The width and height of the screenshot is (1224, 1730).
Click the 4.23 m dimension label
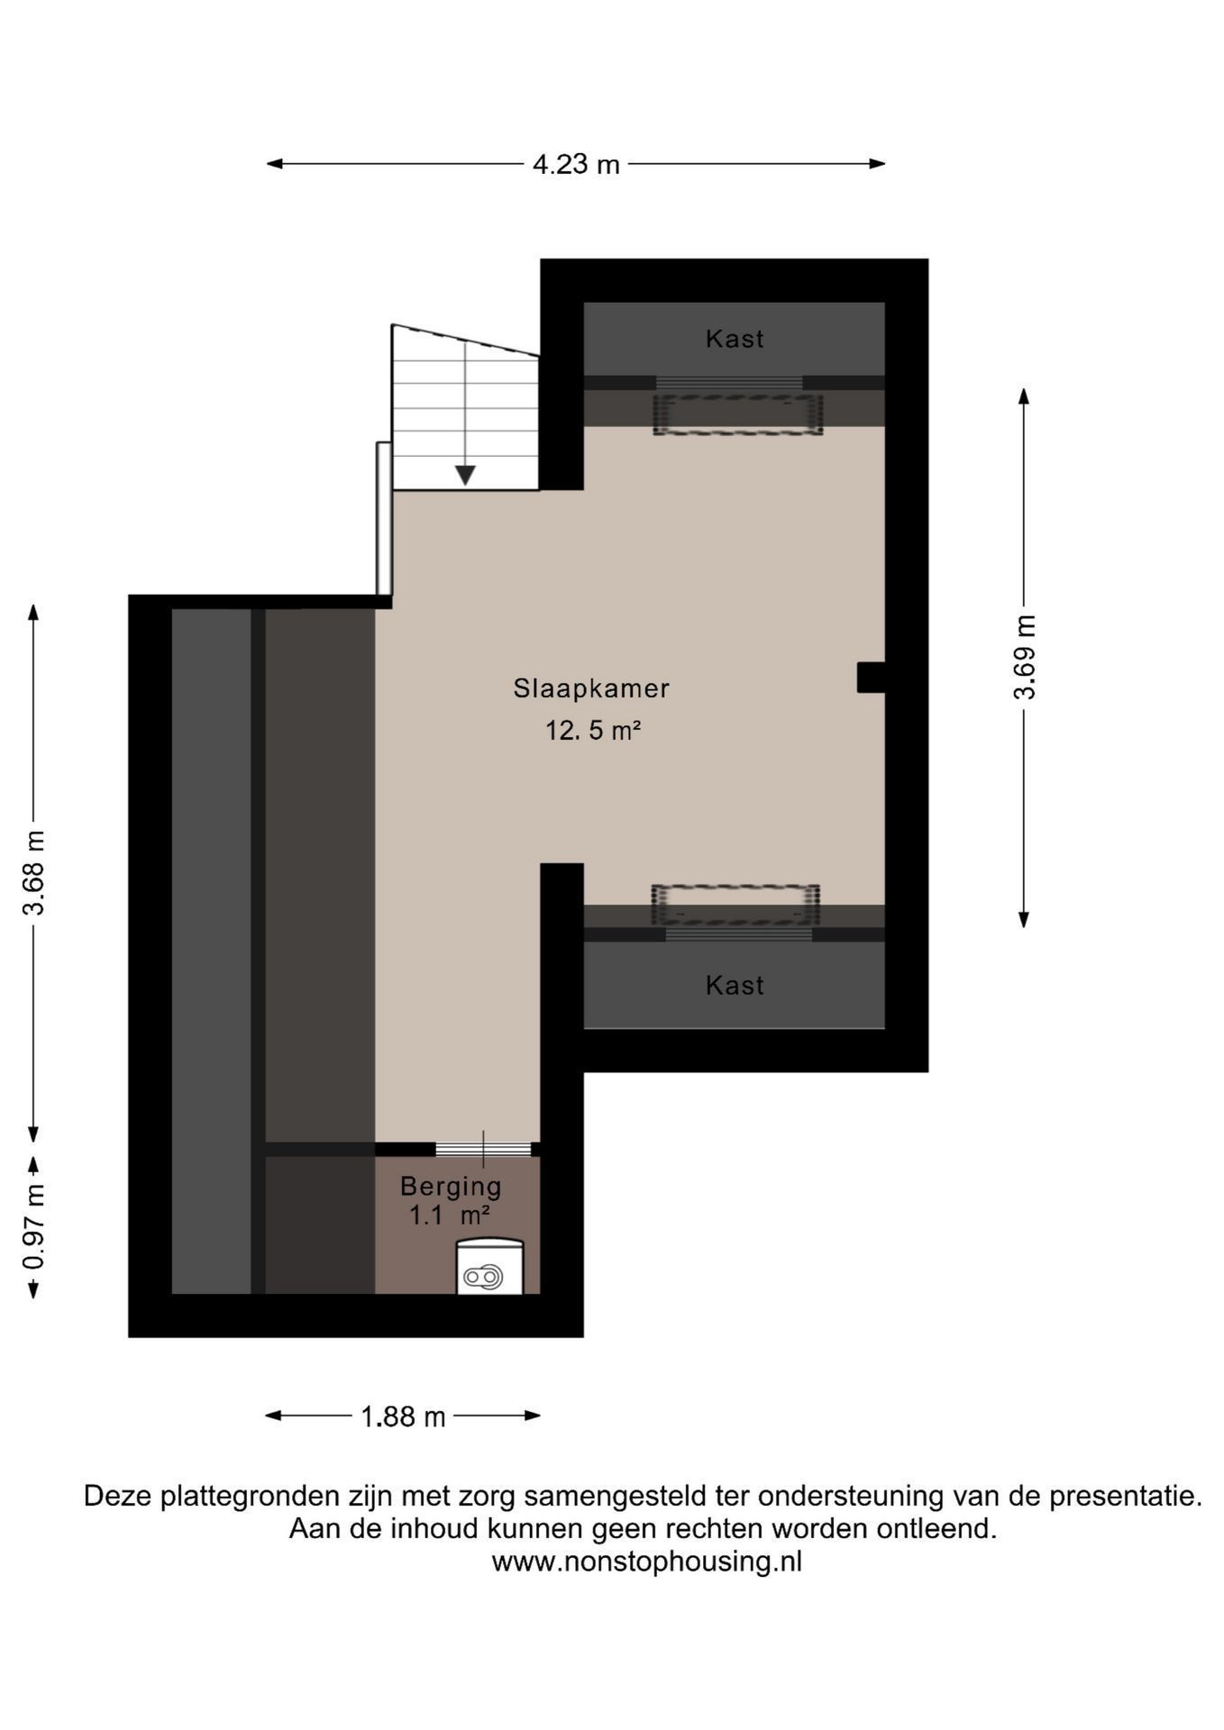pyautogui.click(x=576, y=164)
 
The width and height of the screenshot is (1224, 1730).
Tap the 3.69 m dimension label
pyautogui.click(x=1025, y=658)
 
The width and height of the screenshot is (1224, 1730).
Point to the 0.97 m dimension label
pyautogui.click(x=34, y=1226)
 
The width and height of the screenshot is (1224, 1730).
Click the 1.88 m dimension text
pyautogui.click(x=403, y=1417)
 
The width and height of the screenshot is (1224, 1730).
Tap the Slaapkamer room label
pyautogui.click(x=591, y=688)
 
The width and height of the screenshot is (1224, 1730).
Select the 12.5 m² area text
pyautogui.click(x=592, y=730)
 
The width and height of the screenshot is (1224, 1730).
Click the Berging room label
pyautogui.click(x=451, y=1187)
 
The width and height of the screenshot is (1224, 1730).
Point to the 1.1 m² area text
pyautogui.click(x=450, y=1216)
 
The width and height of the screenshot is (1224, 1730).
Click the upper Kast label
pyautogui.click(x=735, y=339)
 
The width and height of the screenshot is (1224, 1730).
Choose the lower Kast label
pyautogui.click(x=735, y=986)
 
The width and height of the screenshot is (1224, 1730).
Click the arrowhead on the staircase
pyautogui.click(x=465, y=475)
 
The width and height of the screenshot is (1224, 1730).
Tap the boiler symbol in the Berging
pyautogui.click(x=489, y=1267)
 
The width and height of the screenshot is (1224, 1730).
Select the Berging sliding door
pyautogui.click(x=483, y=1149)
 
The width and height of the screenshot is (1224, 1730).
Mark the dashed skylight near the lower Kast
pyautogui.click(x=735, y=905)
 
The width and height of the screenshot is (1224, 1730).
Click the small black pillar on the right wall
pyautogui.click(x=871, y=678)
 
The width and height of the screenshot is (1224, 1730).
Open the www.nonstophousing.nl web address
pyautogui.click(x=646, y=1562)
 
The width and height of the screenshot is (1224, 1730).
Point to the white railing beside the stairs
pyautogui.click(x=384, y=518)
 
